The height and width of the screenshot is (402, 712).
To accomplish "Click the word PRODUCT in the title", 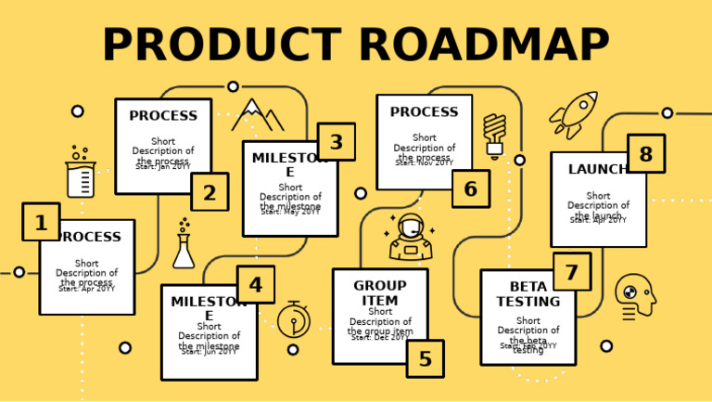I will pos(221,45).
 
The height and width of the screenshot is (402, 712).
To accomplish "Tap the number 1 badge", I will pos(41,223).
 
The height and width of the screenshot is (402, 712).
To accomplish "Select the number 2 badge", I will pos(210,192).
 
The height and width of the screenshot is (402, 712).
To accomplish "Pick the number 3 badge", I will pos(336,142).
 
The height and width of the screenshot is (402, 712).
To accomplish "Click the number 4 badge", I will pos(255,285).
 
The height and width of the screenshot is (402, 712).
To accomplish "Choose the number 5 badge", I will pos(425,358).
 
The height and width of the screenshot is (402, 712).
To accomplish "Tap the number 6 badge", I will pos(470,188).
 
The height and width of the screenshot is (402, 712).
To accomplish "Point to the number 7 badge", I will pos(571,272).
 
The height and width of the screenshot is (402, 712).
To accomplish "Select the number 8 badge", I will pos(645,154).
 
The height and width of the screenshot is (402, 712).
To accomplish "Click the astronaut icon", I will pos(410,238).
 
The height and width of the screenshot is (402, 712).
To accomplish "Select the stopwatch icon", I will pos(294,319).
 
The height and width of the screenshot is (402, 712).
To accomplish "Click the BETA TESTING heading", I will pos(528,293).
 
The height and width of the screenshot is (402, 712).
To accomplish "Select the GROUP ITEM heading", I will pos(380,292).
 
